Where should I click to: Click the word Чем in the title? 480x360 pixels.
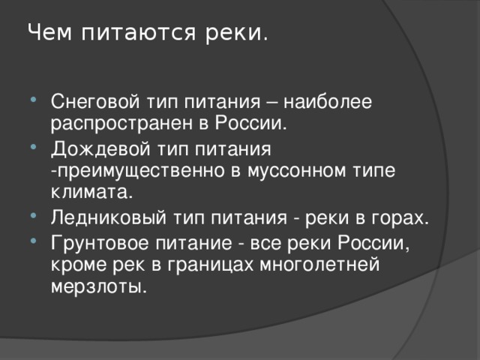click(x=50, y=31)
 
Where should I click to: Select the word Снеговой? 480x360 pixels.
click(x=95, y=101)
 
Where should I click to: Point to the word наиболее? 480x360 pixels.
click(x=328, y=101)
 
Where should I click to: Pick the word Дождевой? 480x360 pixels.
click(x=100, y=149)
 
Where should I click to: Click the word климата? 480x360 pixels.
click(x=91, y=192)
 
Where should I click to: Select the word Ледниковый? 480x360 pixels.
click(x=109, y=217)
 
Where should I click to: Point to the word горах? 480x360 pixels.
click(x=400, y=219)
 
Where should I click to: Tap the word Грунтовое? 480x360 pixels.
click(x=100, y=243)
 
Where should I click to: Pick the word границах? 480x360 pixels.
click(x=210, y=265)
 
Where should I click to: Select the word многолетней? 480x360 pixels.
click(x=320, y=265)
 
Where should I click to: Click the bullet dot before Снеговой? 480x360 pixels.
click(x=33, y=100)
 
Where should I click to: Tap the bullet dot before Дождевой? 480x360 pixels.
click(x=33, y=147)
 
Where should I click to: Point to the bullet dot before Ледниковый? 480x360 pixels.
click(x=33, y=216)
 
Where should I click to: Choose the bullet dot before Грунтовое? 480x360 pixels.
click(x=33, y=241)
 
